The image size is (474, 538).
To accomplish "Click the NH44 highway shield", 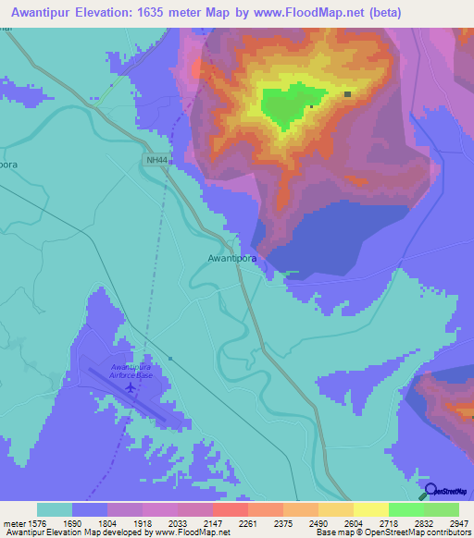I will (156, 161).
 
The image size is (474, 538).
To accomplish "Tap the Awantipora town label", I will (231, 259).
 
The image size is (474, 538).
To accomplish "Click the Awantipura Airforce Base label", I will (131, 372).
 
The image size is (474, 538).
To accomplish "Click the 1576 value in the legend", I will (37, 523).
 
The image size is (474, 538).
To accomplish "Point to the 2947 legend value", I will (458, 523).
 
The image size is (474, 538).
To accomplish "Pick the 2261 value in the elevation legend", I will (248, 523).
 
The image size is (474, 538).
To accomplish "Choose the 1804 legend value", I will (107, 523).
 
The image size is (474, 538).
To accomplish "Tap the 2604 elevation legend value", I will (353, 523).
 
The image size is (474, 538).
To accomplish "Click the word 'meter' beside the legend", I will (13, 523).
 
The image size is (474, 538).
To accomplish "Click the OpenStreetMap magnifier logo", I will (431, 491).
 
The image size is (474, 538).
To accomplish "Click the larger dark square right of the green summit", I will (347, 94).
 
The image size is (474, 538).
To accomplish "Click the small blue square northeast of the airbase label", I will (170, 359).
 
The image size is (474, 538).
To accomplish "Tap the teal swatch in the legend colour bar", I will (55, 509).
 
